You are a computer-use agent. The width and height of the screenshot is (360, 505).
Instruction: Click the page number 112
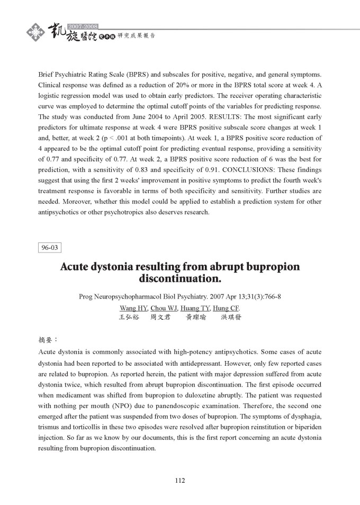pos(180,481)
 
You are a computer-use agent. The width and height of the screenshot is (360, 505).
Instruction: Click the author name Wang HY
pos(133,308)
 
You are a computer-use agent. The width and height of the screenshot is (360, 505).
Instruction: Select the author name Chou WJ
pos(164,308)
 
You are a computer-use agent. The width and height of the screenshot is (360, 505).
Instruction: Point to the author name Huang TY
pos(195,308)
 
